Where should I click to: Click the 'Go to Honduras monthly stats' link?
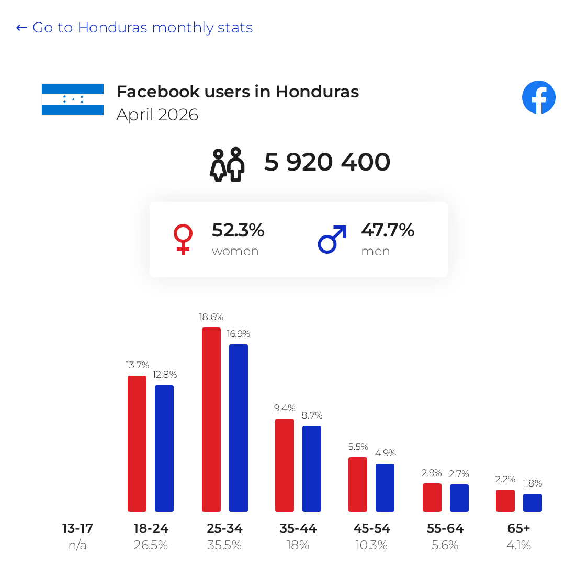pyautogui.click(x=134, y=27)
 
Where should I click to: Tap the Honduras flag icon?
pyautogui.click(x=73, y=99)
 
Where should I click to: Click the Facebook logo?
pyautogui.click(x=539, y=97)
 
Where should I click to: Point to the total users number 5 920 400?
pyautogui.click(x=327, y=162)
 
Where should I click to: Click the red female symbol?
pyautogui.click(x=183, y=239)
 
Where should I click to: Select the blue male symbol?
pyautogui.click(x=332, y=239)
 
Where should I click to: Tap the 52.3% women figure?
pyautogui.click(x=238, y=230)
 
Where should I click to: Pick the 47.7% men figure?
pyautogui.click(x=388, y=230)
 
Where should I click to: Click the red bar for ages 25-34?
pyautogui.click(x=211, y=420)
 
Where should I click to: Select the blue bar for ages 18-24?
pyautogui.click(x=164, y=448)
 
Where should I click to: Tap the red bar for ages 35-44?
pyautogui.click(x=285, y=465)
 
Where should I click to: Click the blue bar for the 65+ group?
pyautogui.click(x=533, y=503)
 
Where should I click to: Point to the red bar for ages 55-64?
pyautogui.click(x=432, y=498)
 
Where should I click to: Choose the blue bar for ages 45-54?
pyautogui.click(x=385, y=488)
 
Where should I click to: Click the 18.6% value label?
pyautogui.click(x=211, y=317)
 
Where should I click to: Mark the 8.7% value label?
pyautogui.click(x=312, y=415)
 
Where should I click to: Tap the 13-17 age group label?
pyautogui.click(x=77, y=528)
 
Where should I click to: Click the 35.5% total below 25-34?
pyautogui.click(x=224, y=545)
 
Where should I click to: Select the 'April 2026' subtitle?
pyautogui.click(x=157, y=115)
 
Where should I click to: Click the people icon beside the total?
pyautogui.click(x=228, y=164)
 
